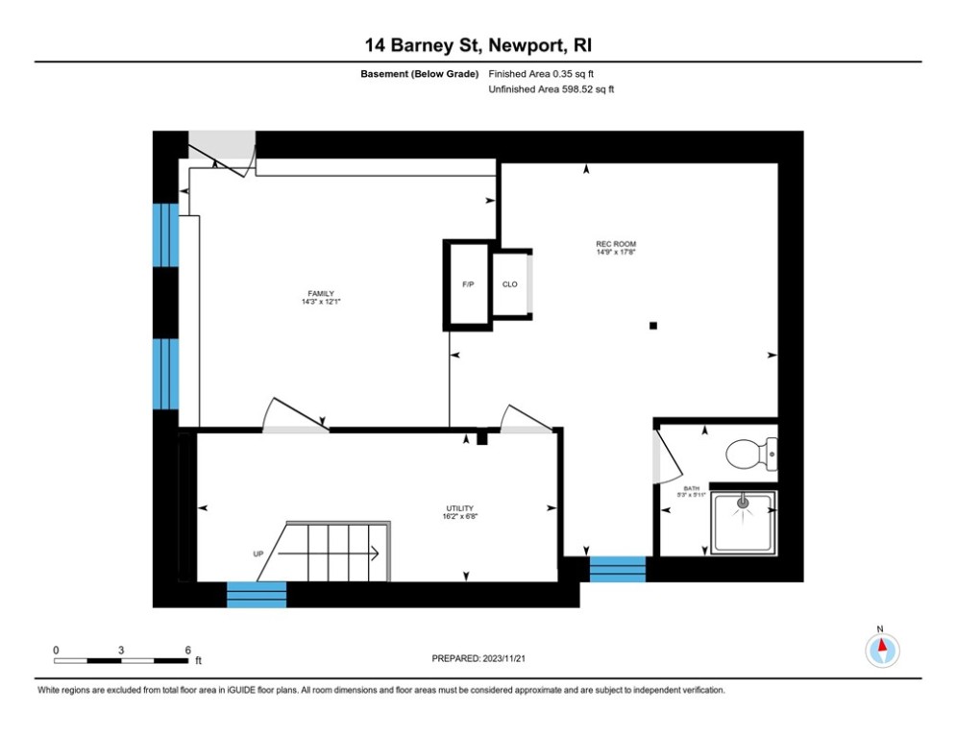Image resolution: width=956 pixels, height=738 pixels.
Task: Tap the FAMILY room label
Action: tap(321, 294)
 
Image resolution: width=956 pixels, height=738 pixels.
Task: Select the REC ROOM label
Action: tap(616, 244)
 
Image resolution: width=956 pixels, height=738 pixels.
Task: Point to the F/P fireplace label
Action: tap(468, 284)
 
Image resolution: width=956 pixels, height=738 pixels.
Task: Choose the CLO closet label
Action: tap(510, 284)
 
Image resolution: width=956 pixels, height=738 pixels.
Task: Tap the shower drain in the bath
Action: tap(742, 501)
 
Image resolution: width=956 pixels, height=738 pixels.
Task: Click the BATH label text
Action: tap(692, 489)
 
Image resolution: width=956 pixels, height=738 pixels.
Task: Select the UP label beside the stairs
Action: tap(258, 553)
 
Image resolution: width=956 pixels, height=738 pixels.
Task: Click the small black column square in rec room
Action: tap(653, 326)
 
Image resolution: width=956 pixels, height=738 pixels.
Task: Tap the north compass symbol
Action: tap(881, 649)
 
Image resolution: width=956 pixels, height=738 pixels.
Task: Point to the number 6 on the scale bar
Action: tap(187, 650)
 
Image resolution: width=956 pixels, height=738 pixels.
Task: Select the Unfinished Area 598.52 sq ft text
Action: tap(552, 88)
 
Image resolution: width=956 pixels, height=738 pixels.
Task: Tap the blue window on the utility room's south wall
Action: tap(257, 595)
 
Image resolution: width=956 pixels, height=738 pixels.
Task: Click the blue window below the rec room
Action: tap(617, 570)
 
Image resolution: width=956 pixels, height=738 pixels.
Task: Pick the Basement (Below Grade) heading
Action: tap(420, 74)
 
